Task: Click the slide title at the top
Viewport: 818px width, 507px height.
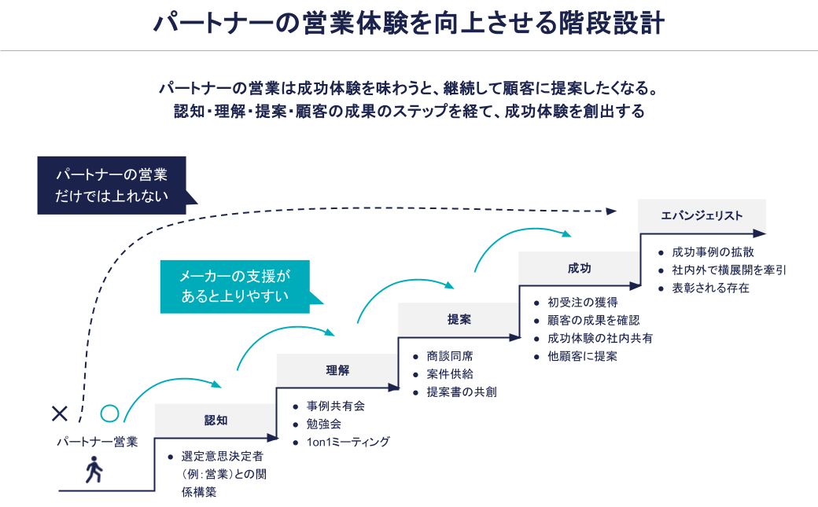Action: click(408, 23)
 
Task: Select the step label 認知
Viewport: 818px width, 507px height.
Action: click(216, 421)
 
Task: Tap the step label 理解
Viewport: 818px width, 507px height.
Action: click(337, 370)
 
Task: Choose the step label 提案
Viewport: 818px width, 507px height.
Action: click(459, 319)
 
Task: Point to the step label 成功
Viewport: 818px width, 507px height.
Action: click(579, 268)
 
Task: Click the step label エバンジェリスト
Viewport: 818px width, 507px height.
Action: click(702, 216)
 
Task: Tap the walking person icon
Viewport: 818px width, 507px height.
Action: click(94, 469)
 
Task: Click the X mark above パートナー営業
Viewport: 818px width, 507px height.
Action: click(59, 413)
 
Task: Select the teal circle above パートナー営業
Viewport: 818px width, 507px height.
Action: click(109, 413)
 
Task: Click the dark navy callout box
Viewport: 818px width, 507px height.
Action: click(111, 186)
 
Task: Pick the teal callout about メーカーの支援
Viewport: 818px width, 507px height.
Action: click(235, 286)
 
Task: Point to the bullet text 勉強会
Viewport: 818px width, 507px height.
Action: click(324, 424)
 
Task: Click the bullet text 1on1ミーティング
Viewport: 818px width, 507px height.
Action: click(348, 442)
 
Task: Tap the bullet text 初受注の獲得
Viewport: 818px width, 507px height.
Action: click(583, 303)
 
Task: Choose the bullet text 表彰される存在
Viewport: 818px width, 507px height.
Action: click(711, 288)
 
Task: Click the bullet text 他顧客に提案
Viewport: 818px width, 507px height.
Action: click(583, 356)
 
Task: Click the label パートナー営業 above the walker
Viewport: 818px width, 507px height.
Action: click(98, 441)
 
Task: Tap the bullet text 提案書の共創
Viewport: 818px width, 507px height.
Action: click(462, 391)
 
